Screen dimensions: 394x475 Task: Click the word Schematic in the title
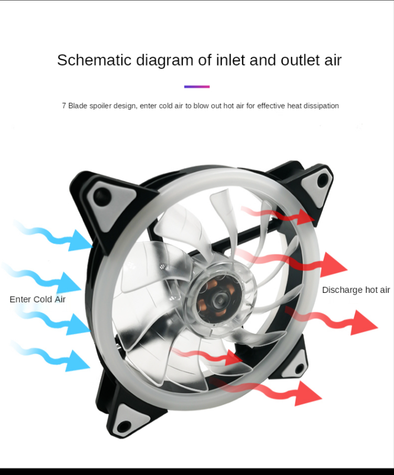click(95, 60)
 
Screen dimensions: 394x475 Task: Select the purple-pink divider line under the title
click(197, 87)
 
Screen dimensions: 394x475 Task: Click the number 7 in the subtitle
click(64, 105)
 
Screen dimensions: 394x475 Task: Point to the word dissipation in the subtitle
click(321, 105)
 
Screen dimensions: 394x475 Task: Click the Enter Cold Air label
click(38, 299)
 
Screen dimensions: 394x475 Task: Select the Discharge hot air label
click(356, 290)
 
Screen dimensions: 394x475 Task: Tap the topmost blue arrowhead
click(80, 240)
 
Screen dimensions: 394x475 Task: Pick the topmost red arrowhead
click(305, 217)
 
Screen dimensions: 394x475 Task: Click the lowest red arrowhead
click(307, 394)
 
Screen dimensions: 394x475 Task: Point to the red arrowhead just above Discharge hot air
click(333, 265)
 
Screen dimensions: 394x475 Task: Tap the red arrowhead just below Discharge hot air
click(364, 323)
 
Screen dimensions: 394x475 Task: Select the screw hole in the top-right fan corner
click(323, 181)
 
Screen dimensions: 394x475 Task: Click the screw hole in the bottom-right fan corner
click(299, 368)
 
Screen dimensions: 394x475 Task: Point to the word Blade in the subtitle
click(78, 105)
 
